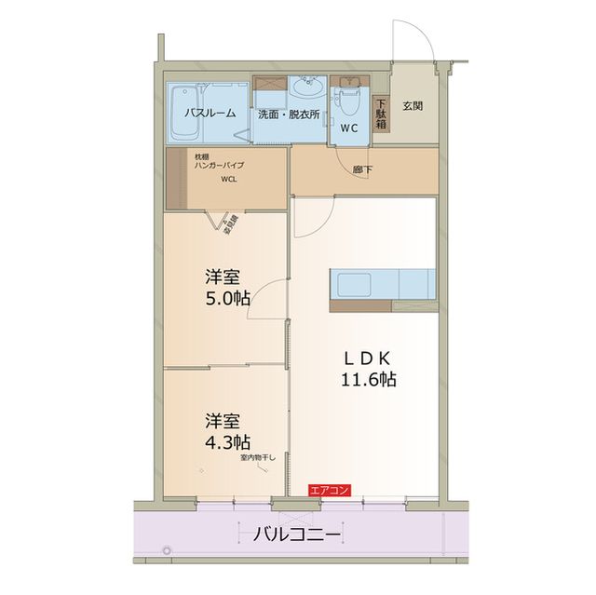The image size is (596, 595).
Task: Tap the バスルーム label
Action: [209, 114]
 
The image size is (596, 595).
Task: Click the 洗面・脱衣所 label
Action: [289, 114]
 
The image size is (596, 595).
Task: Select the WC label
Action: [349, 128]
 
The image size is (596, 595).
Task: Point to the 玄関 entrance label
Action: [413, 105]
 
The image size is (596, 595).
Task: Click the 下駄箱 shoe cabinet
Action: [381, 113]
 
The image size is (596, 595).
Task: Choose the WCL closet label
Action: [228, 182]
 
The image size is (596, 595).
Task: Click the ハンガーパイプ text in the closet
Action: [220, 165]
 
